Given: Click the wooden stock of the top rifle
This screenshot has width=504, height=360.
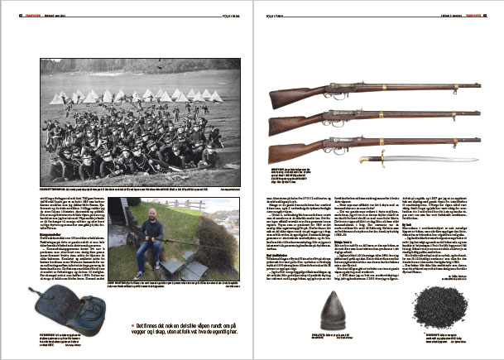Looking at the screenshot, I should (x=290, y=98).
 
